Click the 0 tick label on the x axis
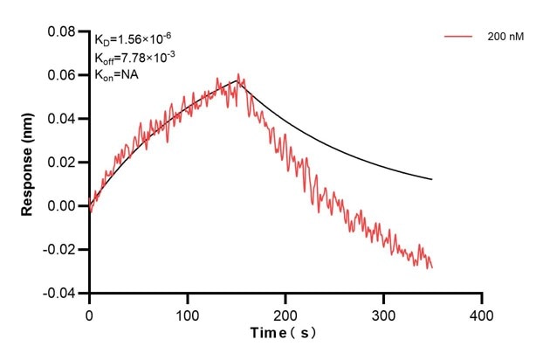coord(89,312)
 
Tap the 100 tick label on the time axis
coord(187,312)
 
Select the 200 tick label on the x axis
coord(285,312)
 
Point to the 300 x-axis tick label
coord(383,312)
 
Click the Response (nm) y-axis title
coord(27,163)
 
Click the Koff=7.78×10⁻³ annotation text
coord(135,57)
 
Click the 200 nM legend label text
coord(505,38)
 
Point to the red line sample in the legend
coord(460,38)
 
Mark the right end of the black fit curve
coord(431,179)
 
